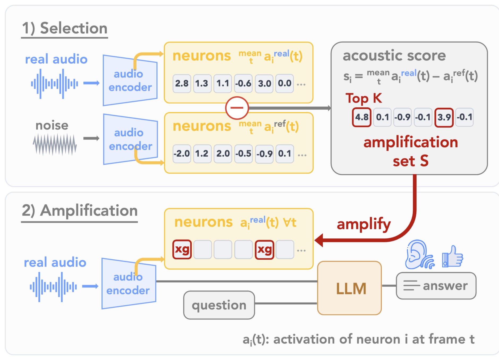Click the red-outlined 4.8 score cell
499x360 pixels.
coord(361,117)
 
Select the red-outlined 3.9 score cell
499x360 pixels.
coord(444,117)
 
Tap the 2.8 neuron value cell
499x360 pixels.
coord(182,84)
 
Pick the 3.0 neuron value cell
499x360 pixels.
coord(264,84)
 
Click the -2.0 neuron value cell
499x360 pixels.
coord(182,154)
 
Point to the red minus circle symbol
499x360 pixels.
coord(237,108)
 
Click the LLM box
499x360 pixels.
coord(349,288)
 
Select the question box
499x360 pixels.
coord(219,305)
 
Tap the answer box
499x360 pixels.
coord(436,286)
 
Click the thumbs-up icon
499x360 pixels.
coord(453,256)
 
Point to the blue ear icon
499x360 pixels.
coord(419,254)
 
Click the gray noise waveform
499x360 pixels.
coord(55,144)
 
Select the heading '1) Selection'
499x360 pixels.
coord(65,28)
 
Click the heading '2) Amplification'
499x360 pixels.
coord(80,211)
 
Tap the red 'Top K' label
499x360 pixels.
coord(364,98)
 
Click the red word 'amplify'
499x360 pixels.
coord(364,224)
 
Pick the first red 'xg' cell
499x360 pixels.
coord(182,250)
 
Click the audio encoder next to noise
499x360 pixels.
coord(130,139)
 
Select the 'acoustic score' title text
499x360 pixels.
coord(394,55)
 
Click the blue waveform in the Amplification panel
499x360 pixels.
coord(53,287)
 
